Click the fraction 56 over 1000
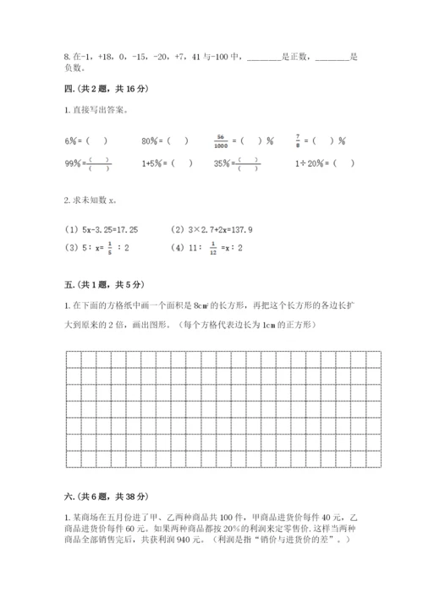coord(223,140)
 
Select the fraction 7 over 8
coord(297,140)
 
